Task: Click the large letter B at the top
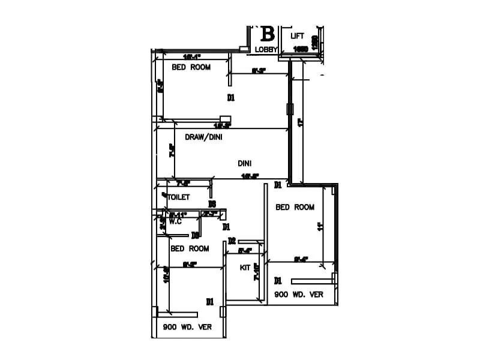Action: coord(267,34)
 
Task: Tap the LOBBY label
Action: coord(266,50)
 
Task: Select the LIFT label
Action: coord(298,36)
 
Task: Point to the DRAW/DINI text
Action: coord(203,137)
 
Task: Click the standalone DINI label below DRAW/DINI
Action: coord(244,163)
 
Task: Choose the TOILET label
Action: coord(178,197)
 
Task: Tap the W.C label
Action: coord(175,221)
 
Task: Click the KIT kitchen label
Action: coord(245,267)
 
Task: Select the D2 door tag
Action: coord(232,241)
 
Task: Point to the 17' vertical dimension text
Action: coord(301,123)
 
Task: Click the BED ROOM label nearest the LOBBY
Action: coord(191,67)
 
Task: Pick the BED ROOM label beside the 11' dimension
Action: coord(295,207)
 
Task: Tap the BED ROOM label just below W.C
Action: coord(190,248)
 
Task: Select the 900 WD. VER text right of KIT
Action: coord(299,295)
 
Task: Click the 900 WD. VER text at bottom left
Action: coord(187,328)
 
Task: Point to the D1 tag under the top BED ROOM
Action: coord(230,97)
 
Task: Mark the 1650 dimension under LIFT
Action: coord(301,50)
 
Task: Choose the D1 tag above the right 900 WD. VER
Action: coord(278,280)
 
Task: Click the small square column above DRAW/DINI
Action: coord(226,118)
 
